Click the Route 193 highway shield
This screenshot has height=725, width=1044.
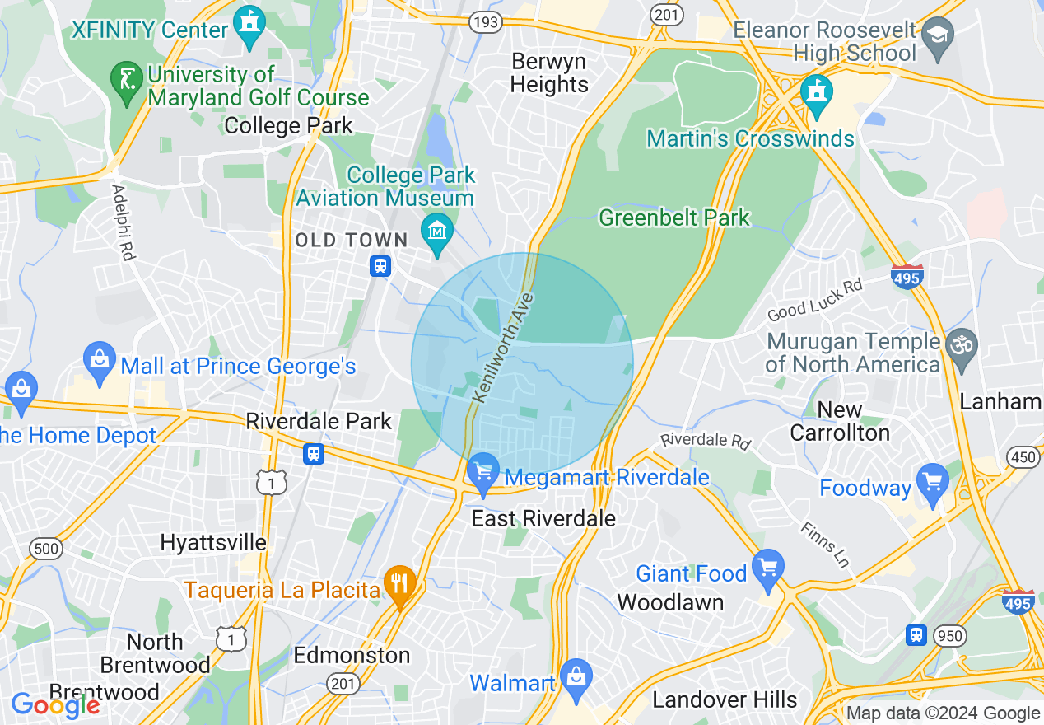[x=485, y=22]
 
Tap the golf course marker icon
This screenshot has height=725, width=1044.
[x=125, y=81]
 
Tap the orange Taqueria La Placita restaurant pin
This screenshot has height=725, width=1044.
[x=400, y=584]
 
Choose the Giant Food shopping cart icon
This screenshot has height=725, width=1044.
[x=768, y=568]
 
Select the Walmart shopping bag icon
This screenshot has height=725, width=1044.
[x=576, y=677]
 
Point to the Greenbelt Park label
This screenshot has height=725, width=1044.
[x=674, y=218]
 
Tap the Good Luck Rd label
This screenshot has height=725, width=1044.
[x=814, y=301]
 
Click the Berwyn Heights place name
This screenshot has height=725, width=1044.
[x=549, y=72]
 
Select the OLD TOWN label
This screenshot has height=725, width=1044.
[x=352, y=241]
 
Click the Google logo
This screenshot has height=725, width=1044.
[x=55, y=705]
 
